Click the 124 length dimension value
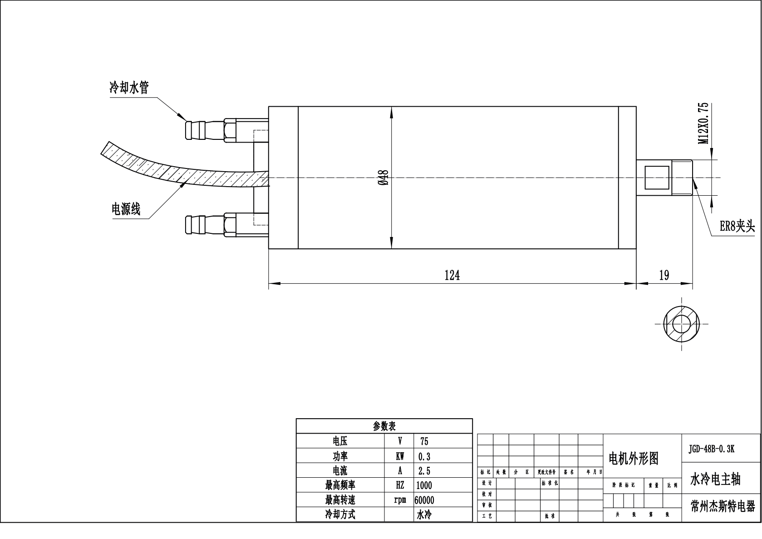(x=452, y=275)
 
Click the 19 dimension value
(x=664, y=275)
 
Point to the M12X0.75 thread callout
(x=703, y=124)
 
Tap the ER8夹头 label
(x=737, y=226)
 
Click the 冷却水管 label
(x=129, y=88)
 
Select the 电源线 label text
(x=126, y=209)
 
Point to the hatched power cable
(x=182, y=173)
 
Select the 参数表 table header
(x=384, y=426)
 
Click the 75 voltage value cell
(x=424, y=441)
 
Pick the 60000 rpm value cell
(x=424, y=500)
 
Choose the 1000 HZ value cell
(x=424, y=485)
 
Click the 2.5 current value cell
(x=424, y=471)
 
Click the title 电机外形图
(x=633, y=459)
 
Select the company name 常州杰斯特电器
(x=723, y=507)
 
